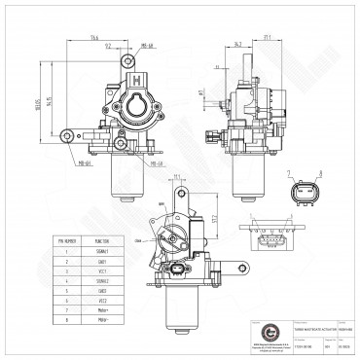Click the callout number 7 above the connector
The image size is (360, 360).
pos(291,173)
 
